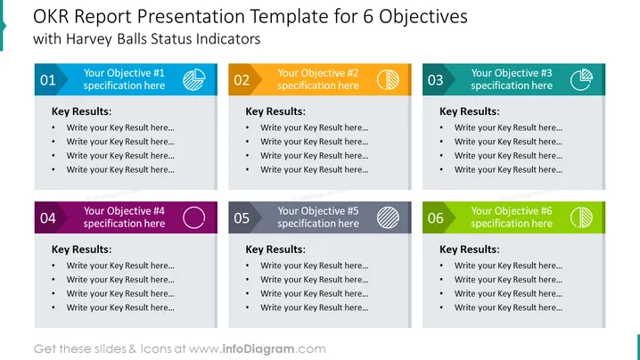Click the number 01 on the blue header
pos(48,80)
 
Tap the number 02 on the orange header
pos(242,80)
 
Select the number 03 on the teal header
pos(436,80)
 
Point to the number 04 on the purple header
pos(48,218)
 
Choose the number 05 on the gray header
pos(242,218)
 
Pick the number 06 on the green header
pos(436,218)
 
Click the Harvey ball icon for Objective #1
pos(194,79)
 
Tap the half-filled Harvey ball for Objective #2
pos(388,79)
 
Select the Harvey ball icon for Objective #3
pos(582,79)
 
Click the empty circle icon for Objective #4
pos(184,217)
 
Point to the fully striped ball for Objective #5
pos(388,217)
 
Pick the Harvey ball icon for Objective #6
pos(582,217)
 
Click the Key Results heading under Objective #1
pos(81,111)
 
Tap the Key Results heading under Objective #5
pos(275,250)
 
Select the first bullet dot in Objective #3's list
pos(441,127)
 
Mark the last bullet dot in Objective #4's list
pos(53,307)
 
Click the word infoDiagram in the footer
pos(258,349)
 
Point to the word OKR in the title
pos(51,17)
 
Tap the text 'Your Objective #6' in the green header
pos(512,211)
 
